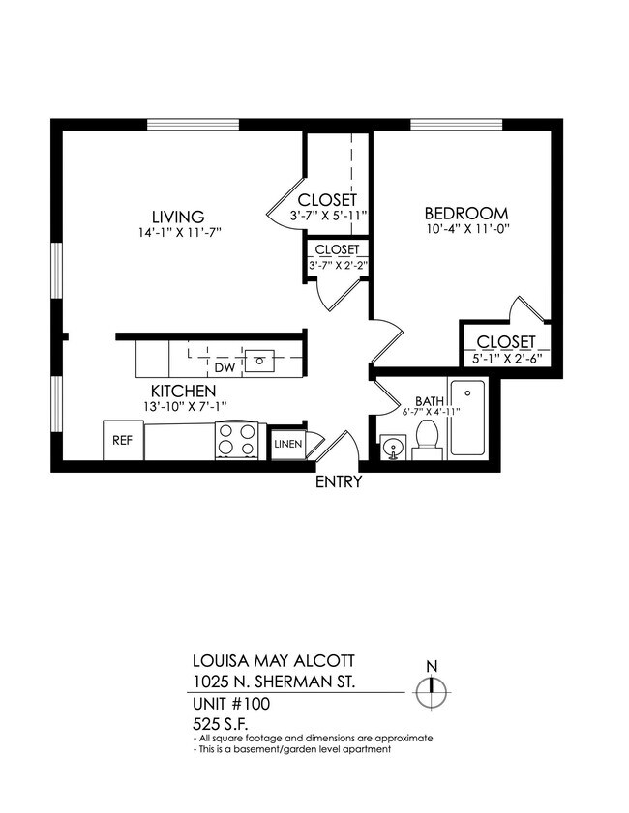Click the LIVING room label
click(x=177, y=217)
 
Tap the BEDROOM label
click(x=466, y=214)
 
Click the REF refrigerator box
click(x=122, y=440)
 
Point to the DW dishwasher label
click(x=225, y=367)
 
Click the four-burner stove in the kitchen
click(x=238, y=441)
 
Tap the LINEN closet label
click(x=287, y=444)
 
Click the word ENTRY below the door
click(x=339, y=481)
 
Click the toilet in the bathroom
click(x=427, y=442)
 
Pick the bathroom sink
click(x=392, y=448)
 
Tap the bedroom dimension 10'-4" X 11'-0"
click(x=466, y=231)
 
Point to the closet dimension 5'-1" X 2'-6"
click(x=505, y=360)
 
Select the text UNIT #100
click(x=230, y=704)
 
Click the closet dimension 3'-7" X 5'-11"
click(x=328, y=215)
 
